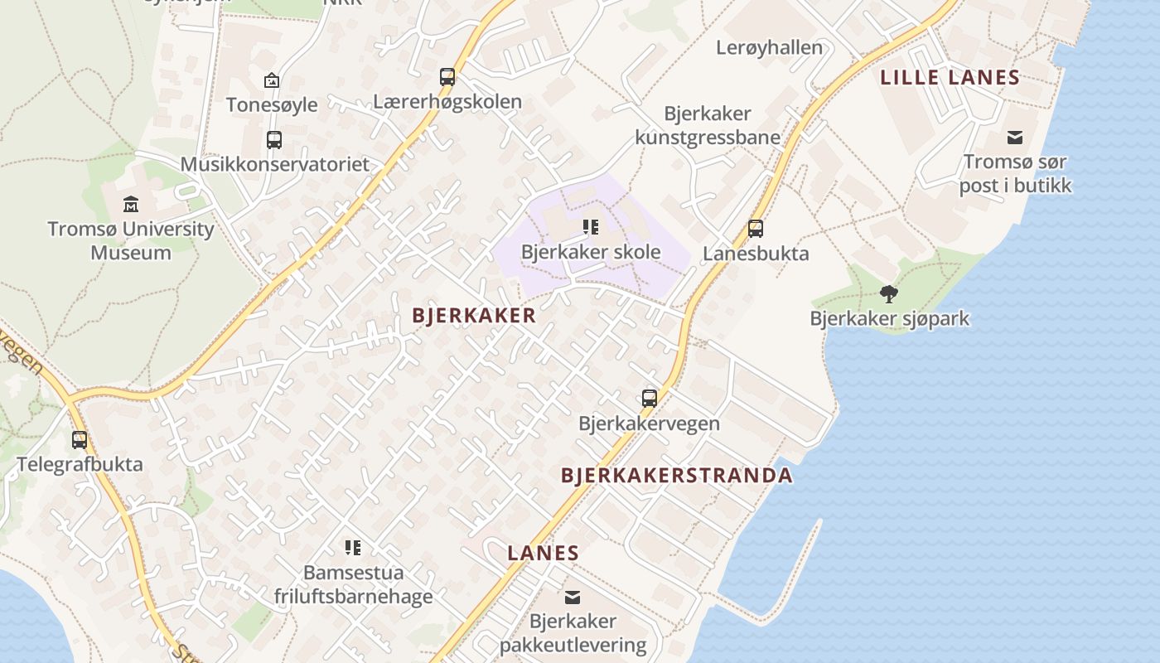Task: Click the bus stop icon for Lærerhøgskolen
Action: (447, 77)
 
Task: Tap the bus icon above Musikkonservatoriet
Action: (274, 139)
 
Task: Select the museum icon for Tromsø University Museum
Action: (131, 204)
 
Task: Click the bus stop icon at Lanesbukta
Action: (756, 228)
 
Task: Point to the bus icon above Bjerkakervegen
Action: (650, 398)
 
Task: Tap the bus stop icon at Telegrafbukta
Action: (80, 439)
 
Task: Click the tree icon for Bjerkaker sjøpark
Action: (889, 293)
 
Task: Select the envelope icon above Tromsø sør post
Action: (1015, 137)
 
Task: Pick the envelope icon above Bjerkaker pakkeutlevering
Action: (573, 597)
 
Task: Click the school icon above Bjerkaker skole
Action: (591, 226)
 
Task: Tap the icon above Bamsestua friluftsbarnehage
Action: (353, 547)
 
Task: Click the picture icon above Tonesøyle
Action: (271, 80)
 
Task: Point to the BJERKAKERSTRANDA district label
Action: (677, 476)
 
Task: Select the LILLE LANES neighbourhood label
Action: (950, 78)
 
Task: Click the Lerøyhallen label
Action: (769, 47)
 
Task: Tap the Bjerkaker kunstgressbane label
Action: (708, 125)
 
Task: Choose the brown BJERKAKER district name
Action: (474, 316)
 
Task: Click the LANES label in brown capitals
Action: (543, 553)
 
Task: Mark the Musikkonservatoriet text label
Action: (275, 164)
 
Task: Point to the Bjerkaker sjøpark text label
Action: (889, 318)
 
